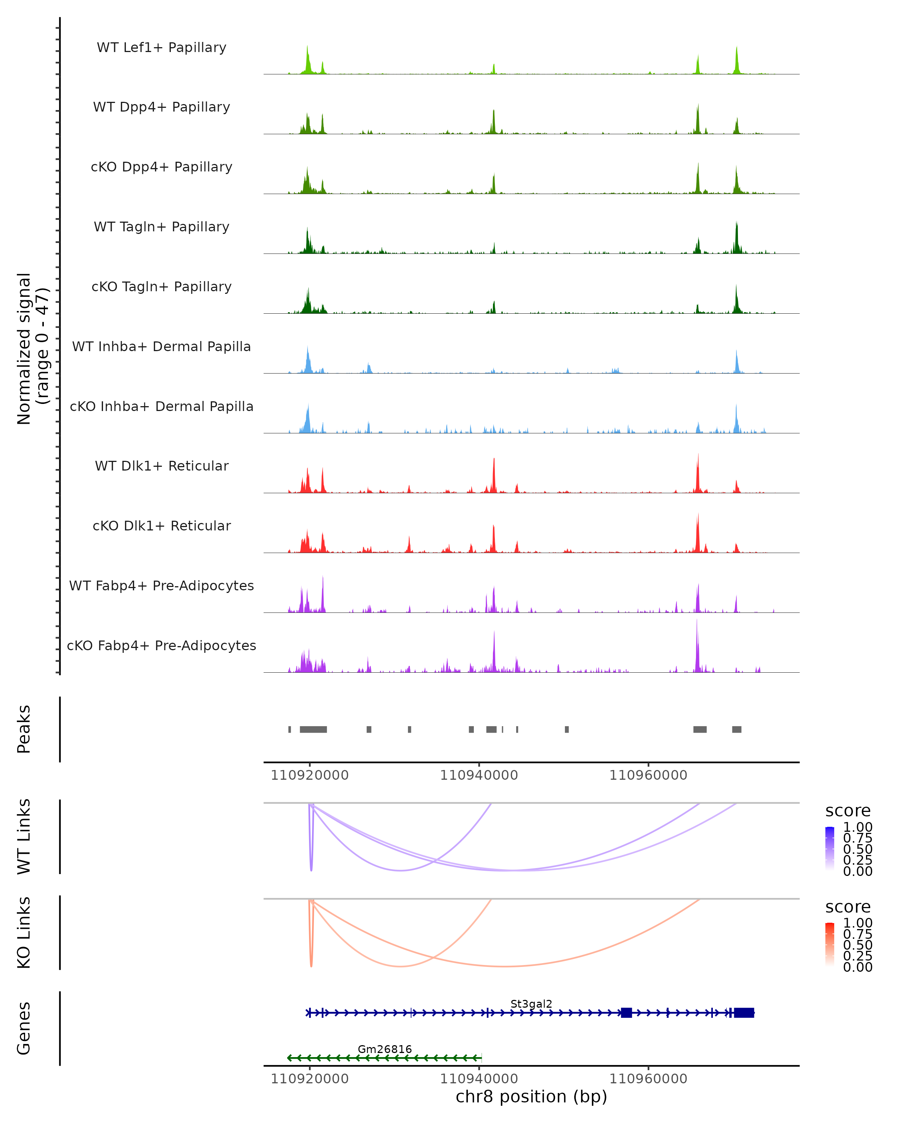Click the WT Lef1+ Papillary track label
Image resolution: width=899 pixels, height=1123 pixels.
pyautogui.click(x=161, y=48)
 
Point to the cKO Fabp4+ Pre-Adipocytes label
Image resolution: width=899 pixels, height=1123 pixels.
pyautogui.click(x=161, y=645)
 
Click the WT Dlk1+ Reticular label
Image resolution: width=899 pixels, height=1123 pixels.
pyautogui.click(x=161, y=466)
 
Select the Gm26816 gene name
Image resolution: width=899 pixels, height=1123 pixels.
pyautogui.click(x=385, y=1049)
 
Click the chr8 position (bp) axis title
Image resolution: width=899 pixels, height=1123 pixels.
pyautogui.click(x=531, y=1096)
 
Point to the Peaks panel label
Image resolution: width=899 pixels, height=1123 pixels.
pyautogui.click(x=24, y=729)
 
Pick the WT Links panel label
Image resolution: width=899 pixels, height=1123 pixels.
pyautogui.click(x=24, y=837)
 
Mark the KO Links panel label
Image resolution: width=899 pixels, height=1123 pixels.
pyautogui.click(x=24, y=933)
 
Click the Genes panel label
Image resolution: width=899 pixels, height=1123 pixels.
pyautogui.click(x=24, y=1028)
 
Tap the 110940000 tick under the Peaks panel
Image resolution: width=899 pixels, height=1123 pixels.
pyautogui.click(x=479, y=775)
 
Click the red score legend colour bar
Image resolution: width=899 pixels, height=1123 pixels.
pyautogui.click(x=830, y=945)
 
